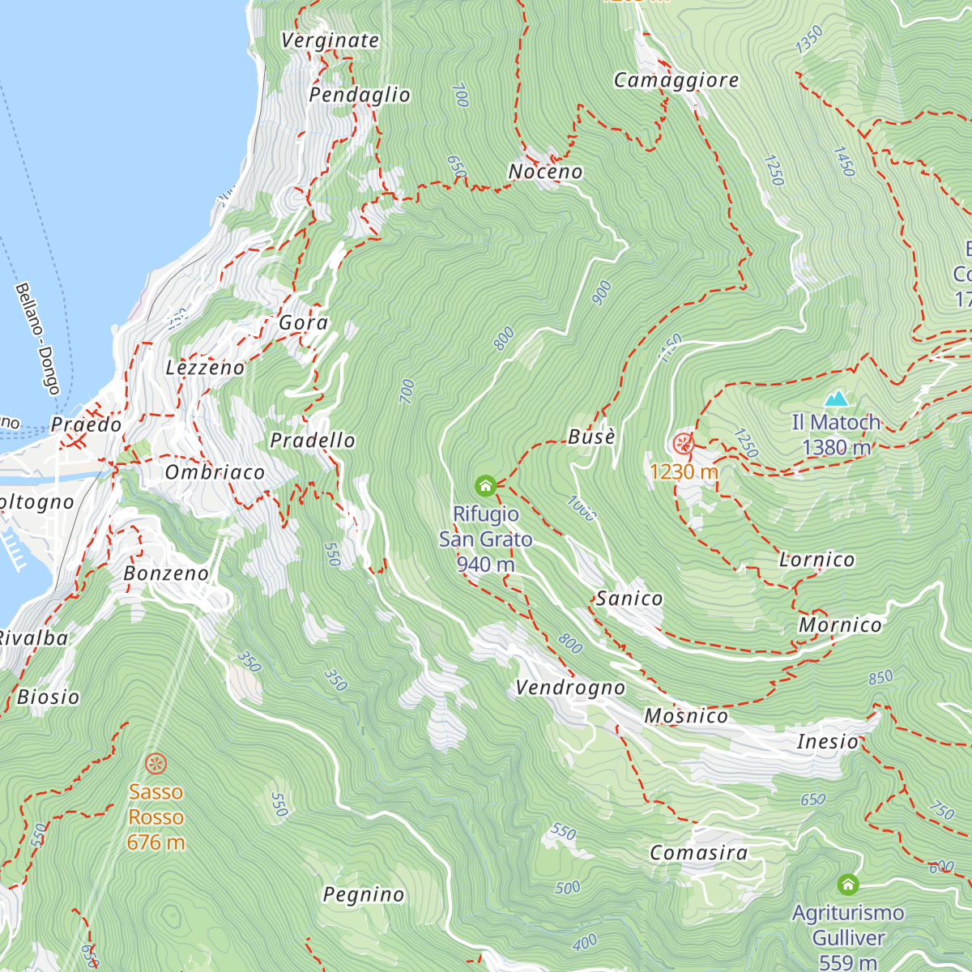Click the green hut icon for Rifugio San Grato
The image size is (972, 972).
(x=485, y=485)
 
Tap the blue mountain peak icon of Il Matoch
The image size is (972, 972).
(x=836, y=399)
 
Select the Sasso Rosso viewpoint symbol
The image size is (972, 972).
(x=156, y=763)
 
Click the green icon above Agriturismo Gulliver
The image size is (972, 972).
(x=848, y=884)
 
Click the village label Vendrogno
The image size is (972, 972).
(x=570, y=688)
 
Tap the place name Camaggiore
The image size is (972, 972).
(x=676, y=80)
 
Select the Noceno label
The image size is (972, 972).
(x=545, y=172)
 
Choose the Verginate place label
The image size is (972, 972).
(x=330, y=40)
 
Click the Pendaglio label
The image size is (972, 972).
(x=360, y=95)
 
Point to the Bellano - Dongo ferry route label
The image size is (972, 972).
(x=37, y=339)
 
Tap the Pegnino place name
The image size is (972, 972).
(x=364, y=894)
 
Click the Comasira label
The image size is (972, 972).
(x=698, y=853)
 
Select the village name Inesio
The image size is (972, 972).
(x=827, y=741)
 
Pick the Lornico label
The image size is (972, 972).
(x=816, y=560)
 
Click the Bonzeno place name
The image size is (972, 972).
(x=166, y=573)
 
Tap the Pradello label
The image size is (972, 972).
(x=313, y=441)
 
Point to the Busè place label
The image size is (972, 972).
(x=591, y=437)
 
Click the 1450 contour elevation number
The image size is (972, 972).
(x=844, y=162)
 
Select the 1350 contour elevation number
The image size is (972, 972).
(x=808, y=40)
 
